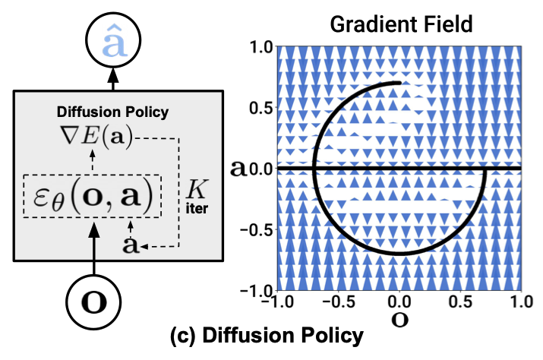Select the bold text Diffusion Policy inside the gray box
pyautogui.click(x=112, y=112)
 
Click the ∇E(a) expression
pyautogui.click(x=97, y=137)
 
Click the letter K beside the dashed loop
pyautogui.click(x=197, y=189)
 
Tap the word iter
pyautogui.click(x=197, y=208)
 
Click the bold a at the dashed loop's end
pyautogui.click(x=130, y=245)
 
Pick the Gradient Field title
pyautogui.click(x=401, y=24)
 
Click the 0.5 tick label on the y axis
pyautogui.click(x=260, y=108)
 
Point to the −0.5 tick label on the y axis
pyautogui.click(x=257, y=229)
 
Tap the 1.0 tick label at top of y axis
pyautogui.click(x=261, y=47)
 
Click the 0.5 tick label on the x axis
pyautogui.click(x=460, y=302)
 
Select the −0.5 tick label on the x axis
pyautogui.click(x=339, y=302)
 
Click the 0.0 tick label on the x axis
pyautogui.click(x=399, y=302)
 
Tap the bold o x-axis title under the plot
pyautogui.click(x=399, y=321)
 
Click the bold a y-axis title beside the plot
pyautogui.click(x=238, y=169)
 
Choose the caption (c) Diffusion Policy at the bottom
pyautogui.click(x=267, y=336)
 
